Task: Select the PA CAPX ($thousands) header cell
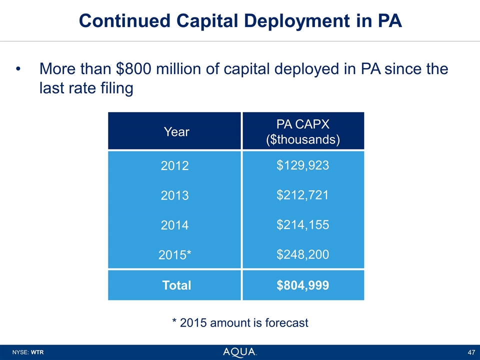302,131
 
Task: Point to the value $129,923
302,165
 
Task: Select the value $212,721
302,195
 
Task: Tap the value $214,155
302,224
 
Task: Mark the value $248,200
302,254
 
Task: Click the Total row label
176,285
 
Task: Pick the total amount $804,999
302,285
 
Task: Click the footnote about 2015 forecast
240,323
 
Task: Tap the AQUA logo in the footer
240,352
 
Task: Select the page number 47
470,352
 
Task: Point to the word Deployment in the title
274,20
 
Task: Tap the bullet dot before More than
18,69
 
